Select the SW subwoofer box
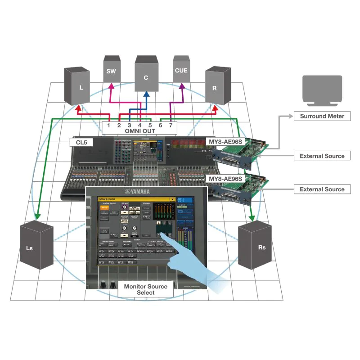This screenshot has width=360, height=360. (x=111, y=71)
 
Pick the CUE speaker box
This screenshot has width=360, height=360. (x=180, y=70)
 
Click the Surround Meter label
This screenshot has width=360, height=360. (x=322, y=116)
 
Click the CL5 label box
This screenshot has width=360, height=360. (x=81, y=143)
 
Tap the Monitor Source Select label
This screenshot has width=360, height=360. (x=145, y=289)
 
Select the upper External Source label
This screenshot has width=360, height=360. (x=322, y=156)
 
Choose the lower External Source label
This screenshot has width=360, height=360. (x=322, y=189)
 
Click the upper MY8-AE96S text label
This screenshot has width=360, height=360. (x=225, y=142)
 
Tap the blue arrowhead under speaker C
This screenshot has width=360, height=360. (x=147, y=95)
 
